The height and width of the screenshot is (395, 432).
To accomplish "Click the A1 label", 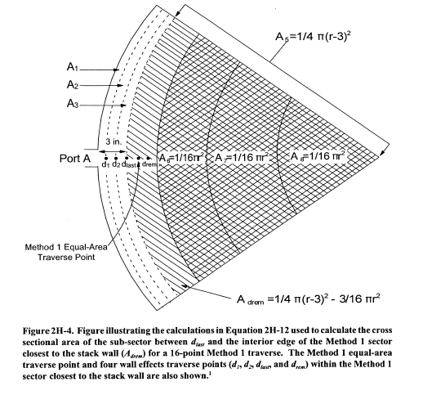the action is click(73, 67).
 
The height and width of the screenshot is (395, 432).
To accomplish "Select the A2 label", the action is click(73, 85).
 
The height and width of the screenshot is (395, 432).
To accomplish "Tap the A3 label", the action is click(73, 104).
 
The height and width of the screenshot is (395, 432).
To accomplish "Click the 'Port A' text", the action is click(74, 159).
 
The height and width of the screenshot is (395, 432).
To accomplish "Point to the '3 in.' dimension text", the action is click(114, 141).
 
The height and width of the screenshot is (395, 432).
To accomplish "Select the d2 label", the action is click(116, 164).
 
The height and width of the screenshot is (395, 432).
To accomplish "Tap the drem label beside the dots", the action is click(149, 164).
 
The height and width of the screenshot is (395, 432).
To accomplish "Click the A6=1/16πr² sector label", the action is click(182, 158).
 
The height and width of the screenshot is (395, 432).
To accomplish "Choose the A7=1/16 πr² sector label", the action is click(242, 158).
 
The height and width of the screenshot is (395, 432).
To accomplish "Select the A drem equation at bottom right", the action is click(309, 298).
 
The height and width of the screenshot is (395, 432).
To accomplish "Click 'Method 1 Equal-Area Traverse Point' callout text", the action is click(66, 252).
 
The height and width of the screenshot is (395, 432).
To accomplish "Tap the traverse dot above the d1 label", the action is click(105, 158).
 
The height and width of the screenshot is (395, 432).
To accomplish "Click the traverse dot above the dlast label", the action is click(127, 158).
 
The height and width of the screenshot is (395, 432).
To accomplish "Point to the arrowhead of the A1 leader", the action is click(117, 70).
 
